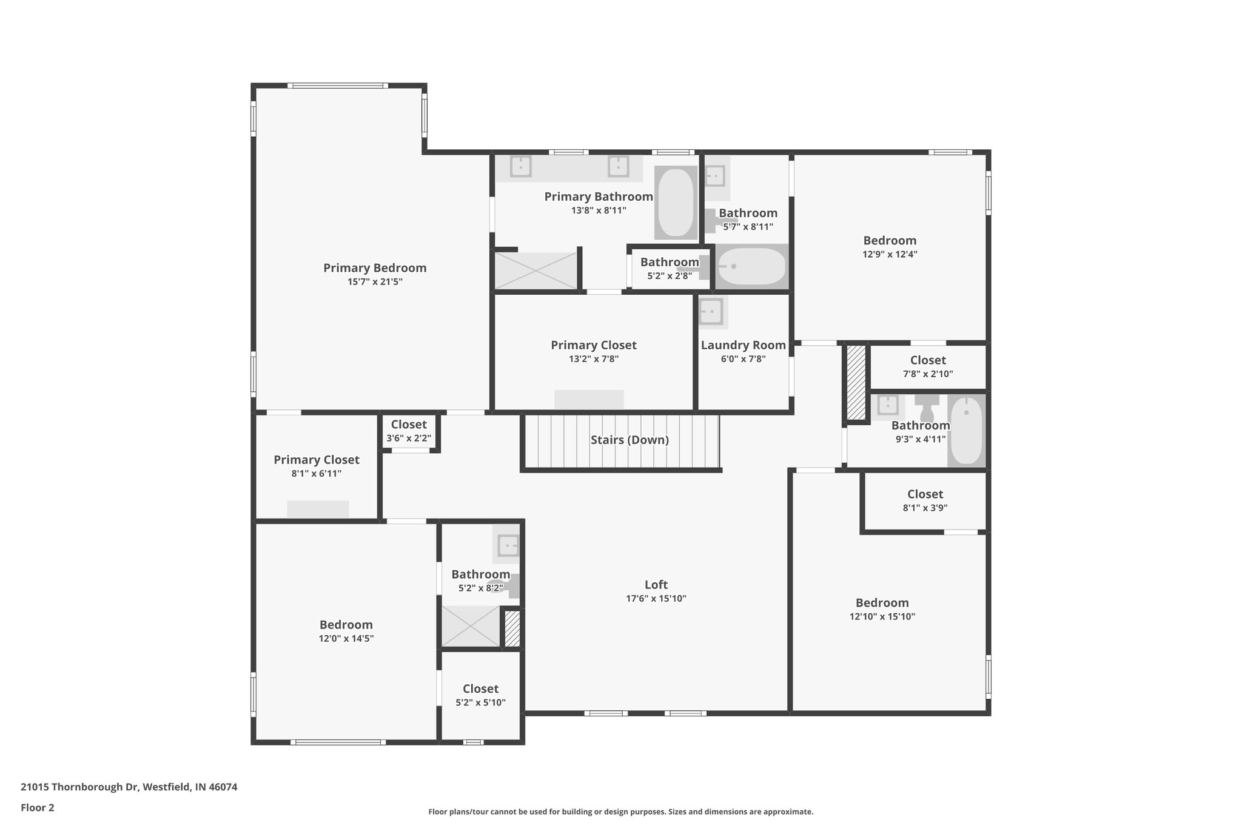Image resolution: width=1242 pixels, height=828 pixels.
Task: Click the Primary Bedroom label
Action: pos(374,268)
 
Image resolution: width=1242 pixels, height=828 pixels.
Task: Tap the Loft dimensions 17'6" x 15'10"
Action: pos(656,599)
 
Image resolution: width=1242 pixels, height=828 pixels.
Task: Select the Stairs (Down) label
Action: pos(629,440)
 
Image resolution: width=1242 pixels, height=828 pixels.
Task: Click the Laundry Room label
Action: pos(743,345)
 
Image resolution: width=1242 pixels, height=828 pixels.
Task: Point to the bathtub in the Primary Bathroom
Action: pos(676,203)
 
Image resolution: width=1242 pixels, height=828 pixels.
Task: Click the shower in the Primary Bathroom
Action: pos(535,271)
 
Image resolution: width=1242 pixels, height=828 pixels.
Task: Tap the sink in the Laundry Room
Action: pos(710,312)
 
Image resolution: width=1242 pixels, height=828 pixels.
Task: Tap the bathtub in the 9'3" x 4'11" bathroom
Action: pos(967,431)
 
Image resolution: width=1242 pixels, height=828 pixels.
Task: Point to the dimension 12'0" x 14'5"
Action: pos(346,639)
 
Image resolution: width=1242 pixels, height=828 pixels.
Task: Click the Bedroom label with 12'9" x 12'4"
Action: pos(890,241)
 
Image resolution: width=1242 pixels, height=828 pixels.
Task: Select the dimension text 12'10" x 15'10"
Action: pos(882,617)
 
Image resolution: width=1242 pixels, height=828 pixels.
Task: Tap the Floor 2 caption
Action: pos(38,807)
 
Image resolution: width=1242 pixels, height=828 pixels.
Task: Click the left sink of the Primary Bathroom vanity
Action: pos(520,166)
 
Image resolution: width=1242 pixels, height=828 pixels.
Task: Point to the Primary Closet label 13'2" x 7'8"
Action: pos(593,345)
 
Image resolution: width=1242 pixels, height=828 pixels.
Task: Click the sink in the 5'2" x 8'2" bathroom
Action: pos(508,545)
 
